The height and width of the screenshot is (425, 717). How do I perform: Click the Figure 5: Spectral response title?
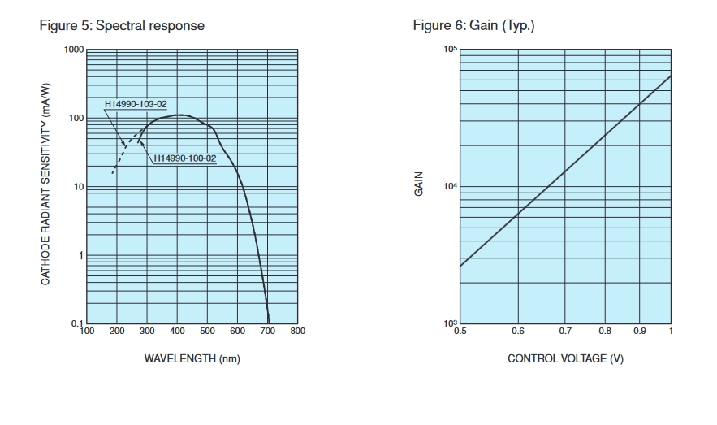(122, 25)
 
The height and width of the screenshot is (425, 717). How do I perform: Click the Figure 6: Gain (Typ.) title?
(473, 25)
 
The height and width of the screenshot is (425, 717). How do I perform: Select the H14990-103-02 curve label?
(136, 104)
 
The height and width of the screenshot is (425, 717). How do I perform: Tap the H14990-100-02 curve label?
(185, 158)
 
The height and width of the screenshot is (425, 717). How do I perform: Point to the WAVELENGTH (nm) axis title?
(192, 358)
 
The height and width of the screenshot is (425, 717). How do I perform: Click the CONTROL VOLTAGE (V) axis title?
(566, 358)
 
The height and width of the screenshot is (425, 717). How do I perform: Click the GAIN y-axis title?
(419, 189)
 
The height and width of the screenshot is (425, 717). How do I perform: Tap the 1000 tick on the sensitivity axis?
(74, 50)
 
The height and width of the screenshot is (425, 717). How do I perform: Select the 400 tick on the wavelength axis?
(177, 332)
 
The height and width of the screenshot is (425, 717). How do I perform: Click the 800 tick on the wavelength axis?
(298, 332)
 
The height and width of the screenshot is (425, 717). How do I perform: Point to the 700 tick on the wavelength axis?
(268, 332)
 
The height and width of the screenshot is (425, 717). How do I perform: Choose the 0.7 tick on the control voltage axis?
(565, 332)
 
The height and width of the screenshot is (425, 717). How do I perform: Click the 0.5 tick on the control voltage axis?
(460, 332)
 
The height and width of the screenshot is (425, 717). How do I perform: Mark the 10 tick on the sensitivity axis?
(78, 188)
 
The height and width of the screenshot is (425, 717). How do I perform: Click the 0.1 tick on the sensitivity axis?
(77, 324)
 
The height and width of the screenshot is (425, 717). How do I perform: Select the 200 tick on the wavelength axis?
(117, 332)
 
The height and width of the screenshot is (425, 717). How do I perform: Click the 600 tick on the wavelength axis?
(238, 332)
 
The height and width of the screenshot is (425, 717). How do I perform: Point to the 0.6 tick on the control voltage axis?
(518, 332)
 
